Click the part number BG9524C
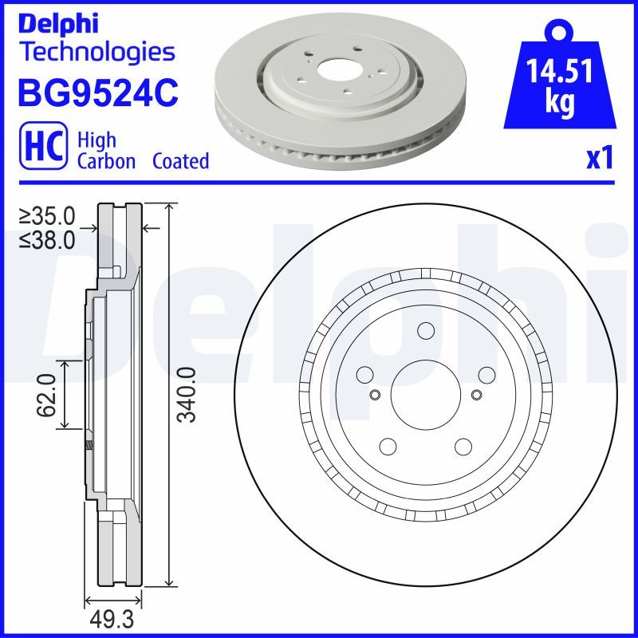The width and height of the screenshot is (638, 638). point(97,94)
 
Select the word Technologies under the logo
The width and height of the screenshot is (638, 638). point(96,52)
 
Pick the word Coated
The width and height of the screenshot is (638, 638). point(180,161)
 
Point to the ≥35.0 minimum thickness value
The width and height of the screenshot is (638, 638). point(47,215)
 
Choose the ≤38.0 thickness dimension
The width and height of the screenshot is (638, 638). point(47,238)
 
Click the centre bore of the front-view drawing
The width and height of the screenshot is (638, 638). point(425,394)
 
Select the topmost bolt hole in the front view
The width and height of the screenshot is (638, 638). point(425,332)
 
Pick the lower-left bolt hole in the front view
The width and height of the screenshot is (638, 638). point(388,447)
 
